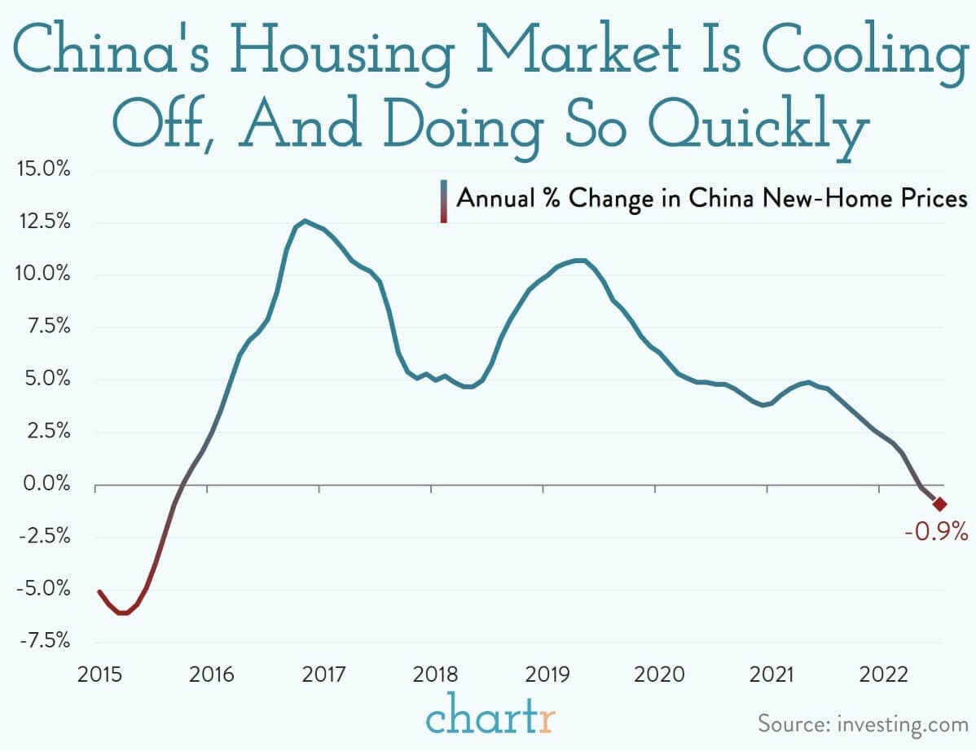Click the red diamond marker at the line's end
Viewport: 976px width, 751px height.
pos(939,504)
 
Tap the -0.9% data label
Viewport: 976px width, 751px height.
pos(936,534)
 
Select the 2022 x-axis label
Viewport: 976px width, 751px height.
pos(880,675)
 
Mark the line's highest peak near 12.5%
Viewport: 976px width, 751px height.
pos(305,220)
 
